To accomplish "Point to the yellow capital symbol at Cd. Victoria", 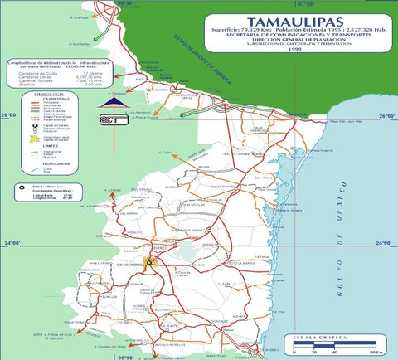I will tap(150, 262).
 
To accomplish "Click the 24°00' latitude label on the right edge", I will tap(381, 243).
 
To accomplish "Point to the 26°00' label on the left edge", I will tap(10, 115).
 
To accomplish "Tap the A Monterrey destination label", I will tap(81, 44).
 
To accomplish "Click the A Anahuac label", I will tap(79, 17).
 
